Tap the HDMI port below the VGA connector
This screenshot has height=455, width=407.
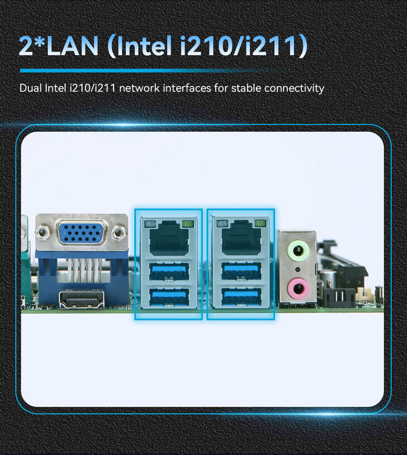(x=82, y=300)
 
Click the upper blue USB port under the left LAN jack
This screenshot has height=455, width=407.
(x=169, y=271)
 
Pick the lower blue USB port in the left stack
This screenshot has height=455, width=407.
(x=169, y=297)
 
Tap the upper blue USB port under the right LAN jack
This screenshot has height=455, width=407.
(x=241, y=271)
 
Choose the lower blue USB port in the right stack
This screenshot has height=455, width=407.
(x=241, y=297)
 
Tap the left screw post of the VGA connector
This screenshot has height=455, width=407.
(x=43, y=232)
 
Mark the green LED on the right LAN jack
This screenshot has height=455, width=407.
(x=260, y=223)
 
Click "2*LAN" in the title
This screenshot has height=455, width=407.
(x=59, y=46)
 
